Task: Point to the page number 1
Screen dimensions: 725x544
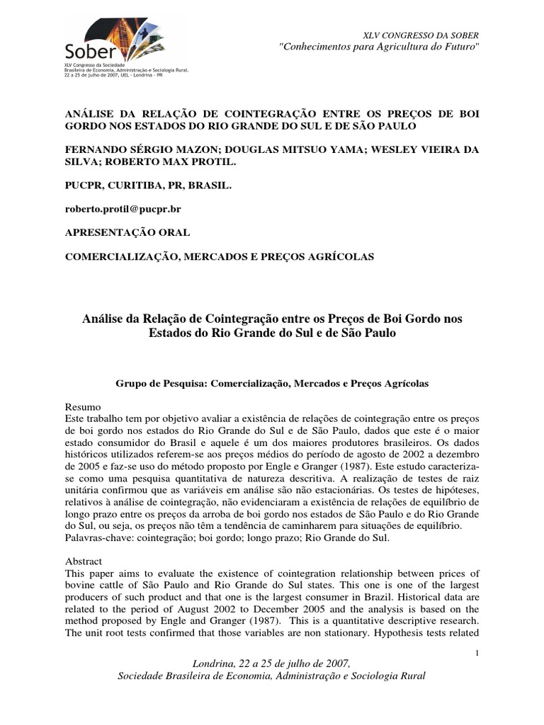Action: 479,652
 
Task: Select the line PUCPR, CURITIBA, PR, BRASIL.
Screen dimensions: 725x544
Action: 147,185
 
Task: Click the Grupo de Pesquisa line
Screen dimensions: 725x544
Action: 272,382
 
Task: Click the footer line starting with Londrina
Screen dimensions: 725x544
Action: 271,663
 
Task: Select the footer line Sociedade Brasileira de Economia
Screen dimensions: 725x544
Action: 271,676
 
